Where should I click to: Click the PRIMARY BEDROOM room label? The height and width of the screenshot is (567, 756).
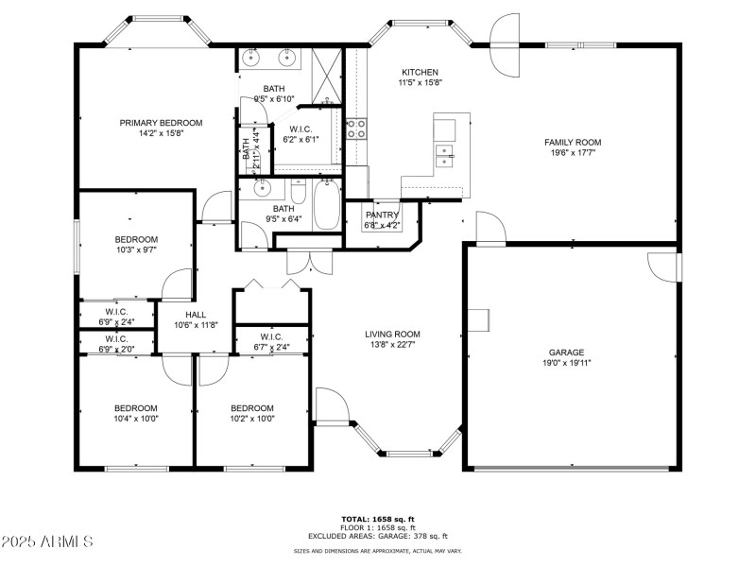pyautogui.click(x=161, y=123)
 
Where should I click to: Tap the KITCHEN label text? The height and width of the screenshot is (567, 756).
pyautogui.click(x=421, y=73)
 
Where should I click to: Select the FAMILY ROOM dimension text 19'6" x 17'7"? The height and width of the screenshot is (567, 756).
pyautogui.click(x=573, y=154)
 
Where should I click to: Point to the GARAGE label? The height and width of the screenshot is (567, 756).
pyautogui.click(x=566, y=352)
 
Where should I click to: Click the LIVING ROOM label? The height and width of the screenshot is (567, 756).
pyautogui.click(x=392, y=334)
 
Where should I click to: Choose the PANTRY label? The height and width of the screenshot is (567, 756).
pyautogui.click(x=382, y=215)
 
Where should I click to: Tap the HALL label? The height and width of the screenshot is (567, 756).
pyautogui.click(x=196, y=315)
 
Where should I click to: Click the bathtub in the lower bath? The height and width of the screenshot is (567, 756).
pyautogui.click(x=327, y=206)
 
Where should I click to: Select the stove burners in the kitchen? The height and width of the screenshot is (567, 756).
pyautogui.click(x=356, y=128)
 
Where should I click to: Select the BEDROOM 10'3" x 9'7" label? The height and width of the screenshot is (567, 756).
pyautogui.click(x=136, y=239)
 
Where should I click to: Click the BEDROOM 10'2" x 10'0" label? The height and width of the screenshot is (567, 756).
pyautogui.click(x=251, y=408)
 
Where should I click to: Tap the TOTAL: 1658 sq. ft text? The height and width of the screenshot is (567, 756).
pyautogui.click(x=378, y=519)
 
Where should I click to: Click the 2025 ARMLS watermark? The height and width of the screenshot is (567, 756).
pyautogui.click(x=47, y=541)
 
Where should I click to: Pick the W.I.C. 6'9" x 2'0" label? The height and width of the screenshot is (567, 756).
pyautogui.click(x=115, y=338)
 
